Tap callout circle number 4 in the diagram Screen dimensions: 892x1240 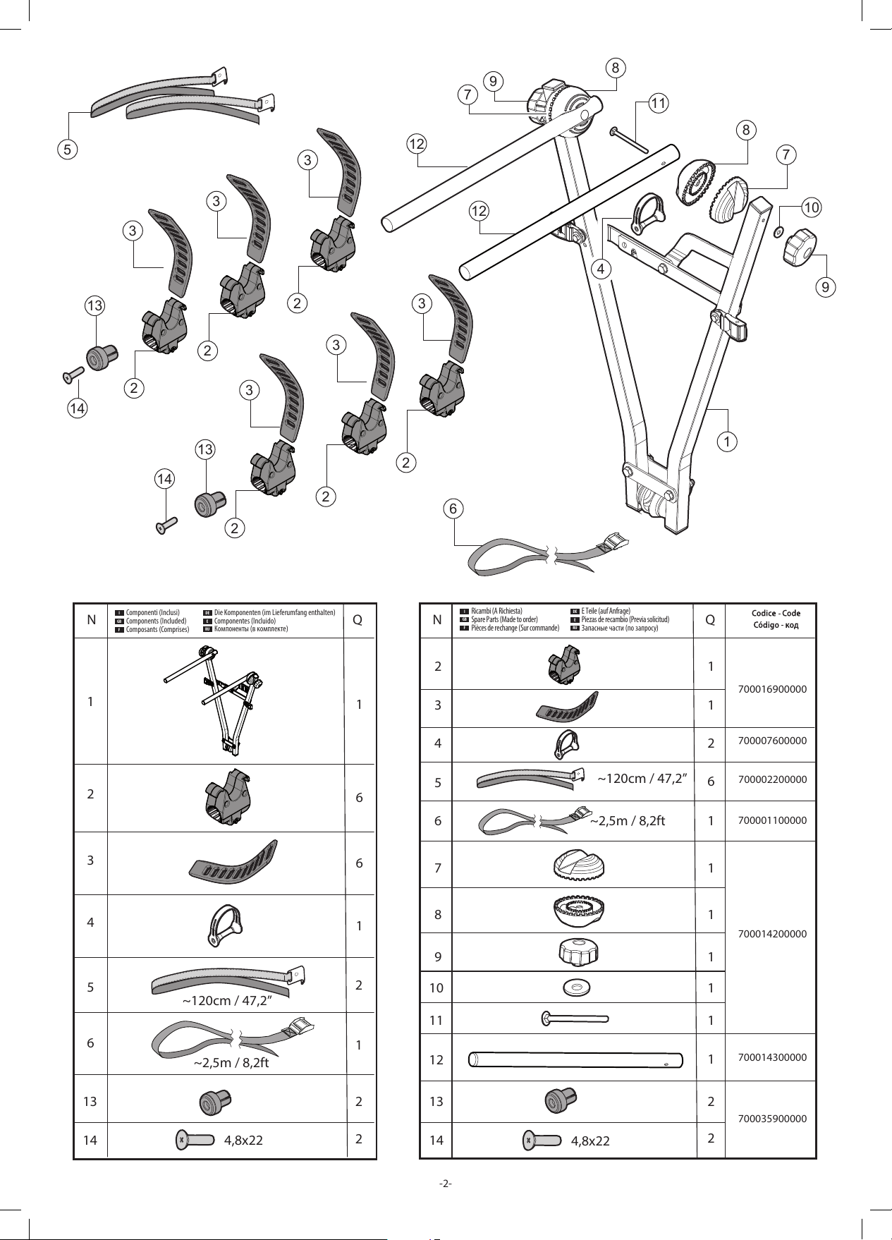[x=601, y=269]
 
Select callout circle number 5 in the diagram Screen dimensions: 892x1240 [x=68, y=150]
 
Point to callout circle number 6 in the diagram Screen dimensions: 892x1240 [x=453, y=508]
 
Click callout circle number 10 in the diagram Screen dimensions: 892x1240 [x=812, y=208]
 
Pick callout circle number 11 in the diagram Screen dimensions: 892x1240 [x=658, y=104]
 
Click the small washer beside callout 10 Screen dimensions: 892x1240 [x=778, y=231]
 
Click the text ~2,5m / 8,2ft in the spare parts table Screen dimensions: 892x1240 [x=628, y=821]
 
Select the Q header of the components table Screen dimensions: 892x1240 [x=358, y=620]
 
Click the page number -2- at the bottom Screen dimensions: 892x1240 [x=445, y=1184]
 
